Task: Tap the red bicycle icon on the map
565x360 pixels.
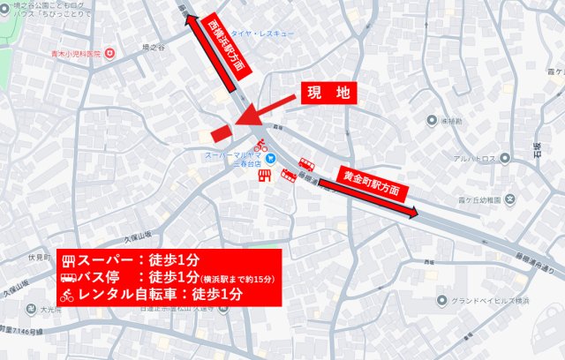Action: click(261, 144)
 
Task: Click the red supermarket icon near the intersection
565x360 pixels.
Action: click(264, 176)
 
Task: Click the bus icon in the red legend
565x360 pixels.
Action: click(70, 278)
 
